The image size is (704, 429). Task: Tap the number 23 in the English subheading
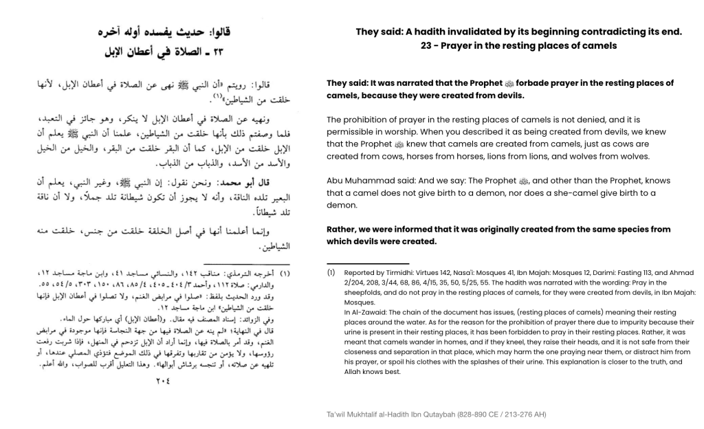(428, 46)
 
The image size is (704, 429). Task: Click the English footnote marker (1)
(331, 272)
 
